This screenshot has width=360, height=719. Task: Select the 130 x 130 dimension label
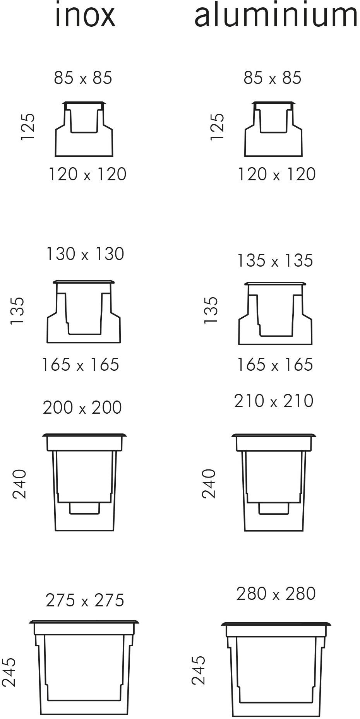(x=85, y=254)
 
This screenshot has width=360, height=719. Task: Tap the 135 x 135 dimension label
(x=275, y=260)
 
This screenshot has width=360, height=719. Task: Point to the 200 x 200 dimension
(x=82, y=407)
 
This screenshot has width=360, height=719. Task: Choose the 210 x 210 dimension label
(x=274, y=401)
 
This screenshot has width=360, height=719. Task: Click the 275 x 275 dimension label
(x=85, y=600)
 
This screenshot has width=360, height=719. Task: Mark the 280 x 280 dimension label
(x=276, y=594)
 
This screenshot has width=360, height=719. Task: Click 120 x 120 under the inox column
(x=87, y=174)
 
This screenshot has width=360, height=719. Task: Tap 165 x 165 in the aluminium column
(x=275, y=365)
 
